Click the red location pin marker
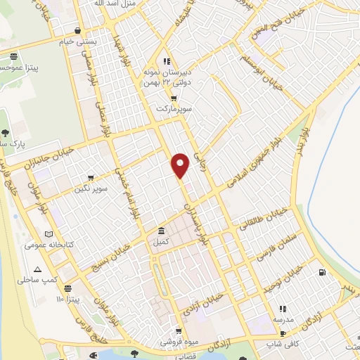(181, 165)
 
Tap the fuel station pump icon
(322, 272)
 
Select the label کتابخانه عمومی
(44, 245)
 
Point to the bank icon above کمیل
(162, 231)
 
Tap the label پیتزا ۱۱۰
(70, 300)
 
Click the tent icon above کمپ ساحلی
(37, 269)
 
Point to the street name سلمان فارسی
(278, 249)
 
